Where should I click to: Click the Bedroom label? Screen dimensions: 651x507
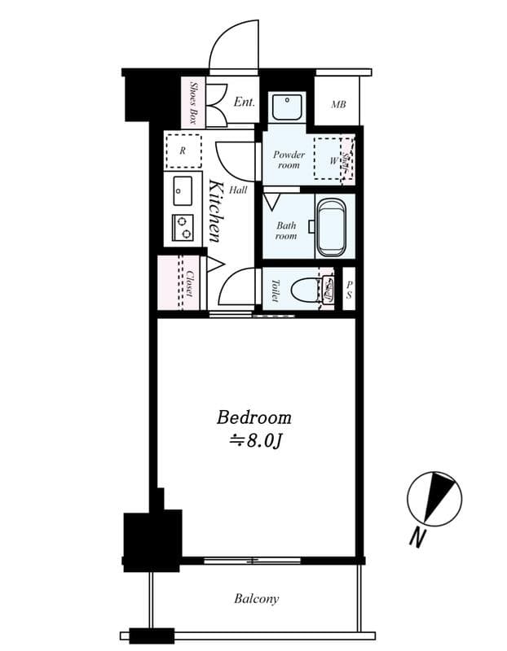pyautogui.click(x=253, y=417)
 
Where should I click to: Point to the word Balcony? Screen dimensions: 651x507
pyautogui.click(x=257, y=599)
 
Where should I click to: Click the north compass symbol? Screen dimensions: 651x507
pyautogui.click(x=434, y=498)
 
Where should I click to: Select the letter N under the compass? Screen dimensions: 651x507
pyautogui.click(x=417, y=537)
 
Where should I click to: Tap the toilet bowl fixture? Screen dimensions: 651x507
pyautogui.click(x=305, y=289)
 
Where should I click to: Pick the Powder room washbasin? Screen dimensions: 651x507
pyautogui.click(x=286, y=107)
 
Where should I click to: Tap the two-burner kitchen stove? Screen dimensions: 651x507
pyautogui.click(x=183, y=227)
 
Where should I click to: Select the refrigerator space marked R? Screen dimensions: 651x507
pyautogui.click(x=183, y=151)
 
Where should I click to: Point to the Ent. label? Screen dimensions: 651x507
pyautogui.click(x=244, y=103)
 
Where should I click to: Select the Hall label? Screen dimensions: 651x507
pyautogui.click(x=238, y=190)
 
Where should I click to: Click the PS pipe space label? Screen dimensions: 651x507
pyautogui.click(x=349, y=290)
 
